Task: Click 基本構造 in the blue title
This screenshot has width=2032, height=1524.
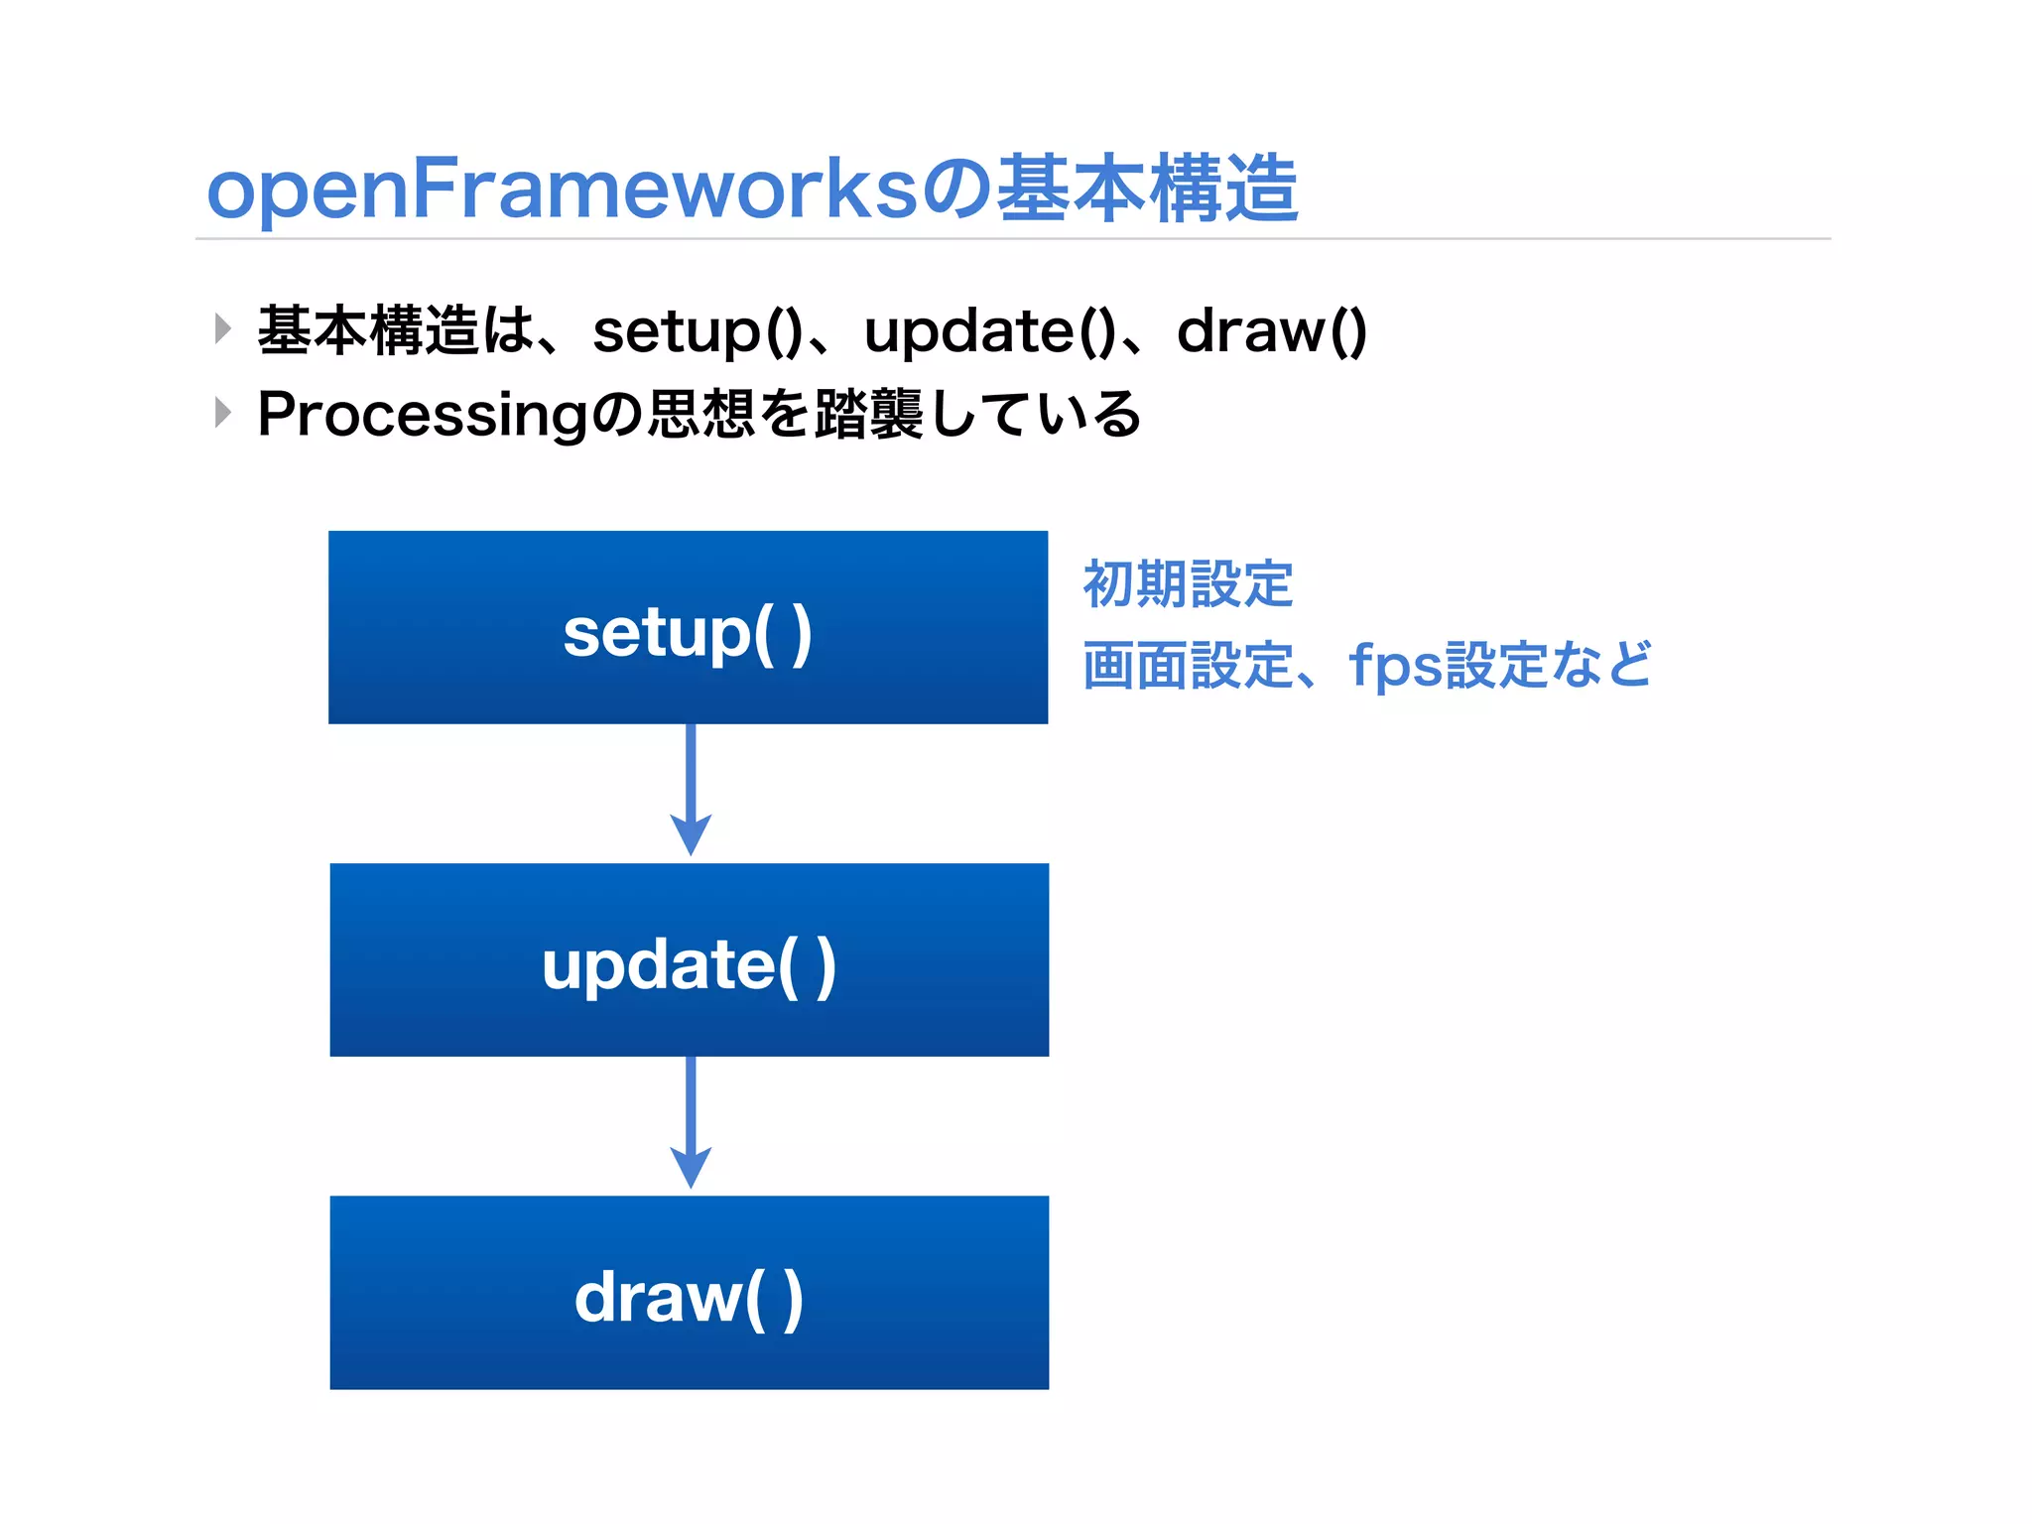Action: tap(1147, 190)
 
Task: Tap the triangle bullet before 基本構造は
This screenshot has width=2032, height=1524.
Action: tap(223, 328)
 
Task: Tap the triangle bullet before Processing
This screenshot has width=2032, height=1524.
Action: tap(223, 412)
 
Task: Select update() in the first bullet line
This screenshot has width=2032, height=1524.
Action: tap(988, 331)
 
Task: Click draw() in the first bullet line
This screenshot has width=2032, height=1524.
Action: tap(1271, 331)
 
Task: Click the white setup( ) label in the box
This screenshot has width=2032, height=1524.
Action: tap(688, 633)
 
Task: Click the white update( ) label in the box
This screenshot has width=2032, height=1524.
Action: tap(689, 965)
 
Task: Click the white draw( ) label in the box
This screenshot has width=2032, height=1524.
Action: tap(689, 1298)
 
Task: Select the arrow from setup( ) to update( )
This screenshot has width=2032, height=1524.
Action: tap(691, 790)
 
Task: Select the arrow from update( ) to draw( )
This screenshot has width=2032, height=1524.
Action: tap(691, 1122)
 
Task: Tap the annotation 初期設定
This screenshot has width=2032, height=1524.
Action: tap(1188, 583)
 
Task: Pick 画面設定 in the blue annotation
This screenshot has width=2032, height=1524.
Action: tap(1188, 666)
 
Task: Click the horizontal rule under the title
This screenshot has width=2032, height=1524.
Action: tap(1012, 239)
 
